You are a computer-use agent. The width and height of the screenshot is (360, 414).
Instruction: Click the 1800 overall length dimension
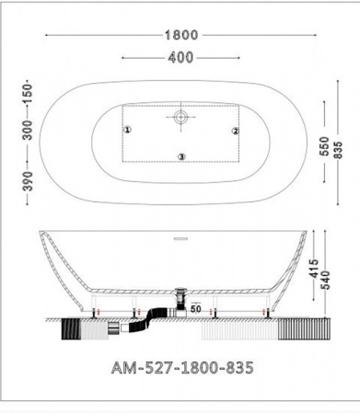(181, 35)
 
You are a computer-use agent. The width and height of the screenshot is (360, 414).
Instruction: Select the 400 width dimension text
(180, 57)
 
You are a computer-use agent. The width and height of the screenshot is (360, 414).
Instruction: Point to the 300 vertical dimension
(28, 130)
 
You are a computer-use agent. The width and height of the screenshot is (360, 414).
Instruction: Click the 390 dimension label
(28, 181)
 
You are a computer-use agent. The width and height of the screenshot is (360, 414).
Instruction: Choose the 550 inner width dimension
(324, 146)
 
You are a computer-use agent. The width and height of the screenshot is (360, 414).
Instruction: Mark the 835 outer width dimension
(338, 150)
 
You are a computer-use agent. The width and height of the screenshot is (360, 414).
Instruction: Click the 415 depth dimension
(314, 269)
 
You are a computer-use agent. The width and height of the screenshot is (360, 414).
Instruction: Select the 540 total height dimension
(325, 280)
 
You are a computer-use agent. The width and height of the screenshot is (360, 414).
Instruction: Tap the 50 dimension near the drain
(195, 308)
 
